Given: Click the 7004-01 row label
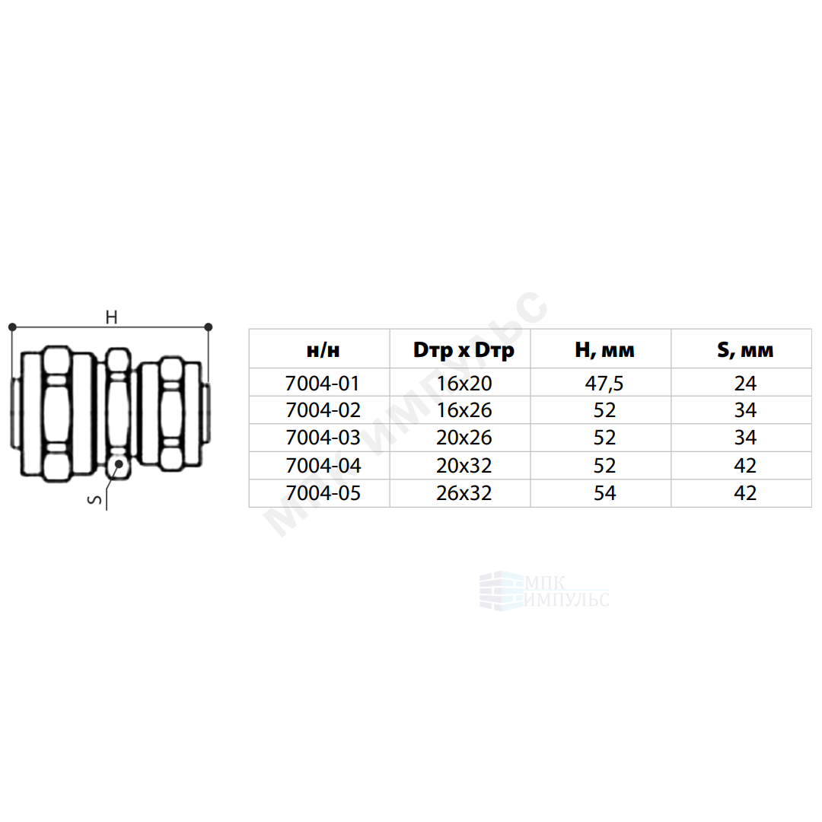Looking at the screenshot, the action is [323, 383].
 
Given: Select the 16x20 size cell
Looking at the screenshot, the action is [464, 383].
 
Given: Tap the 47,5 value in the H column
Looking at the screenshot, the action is [604, 383].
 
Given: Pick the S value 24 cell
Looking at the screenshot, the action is [745, 383].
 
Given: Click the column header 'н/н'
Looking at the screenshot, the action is [323, 349].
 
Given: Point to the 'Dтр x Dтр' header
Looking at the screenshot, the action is [464, 350].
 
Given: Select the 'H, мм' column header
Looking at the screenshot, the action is [604, 350].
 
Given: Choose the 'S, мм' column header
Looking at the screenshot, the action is [745, 350].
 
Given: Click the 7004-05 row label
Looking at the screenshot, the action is [323, 492].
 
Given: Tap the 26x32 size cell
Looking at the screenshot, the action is [464, 492].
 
